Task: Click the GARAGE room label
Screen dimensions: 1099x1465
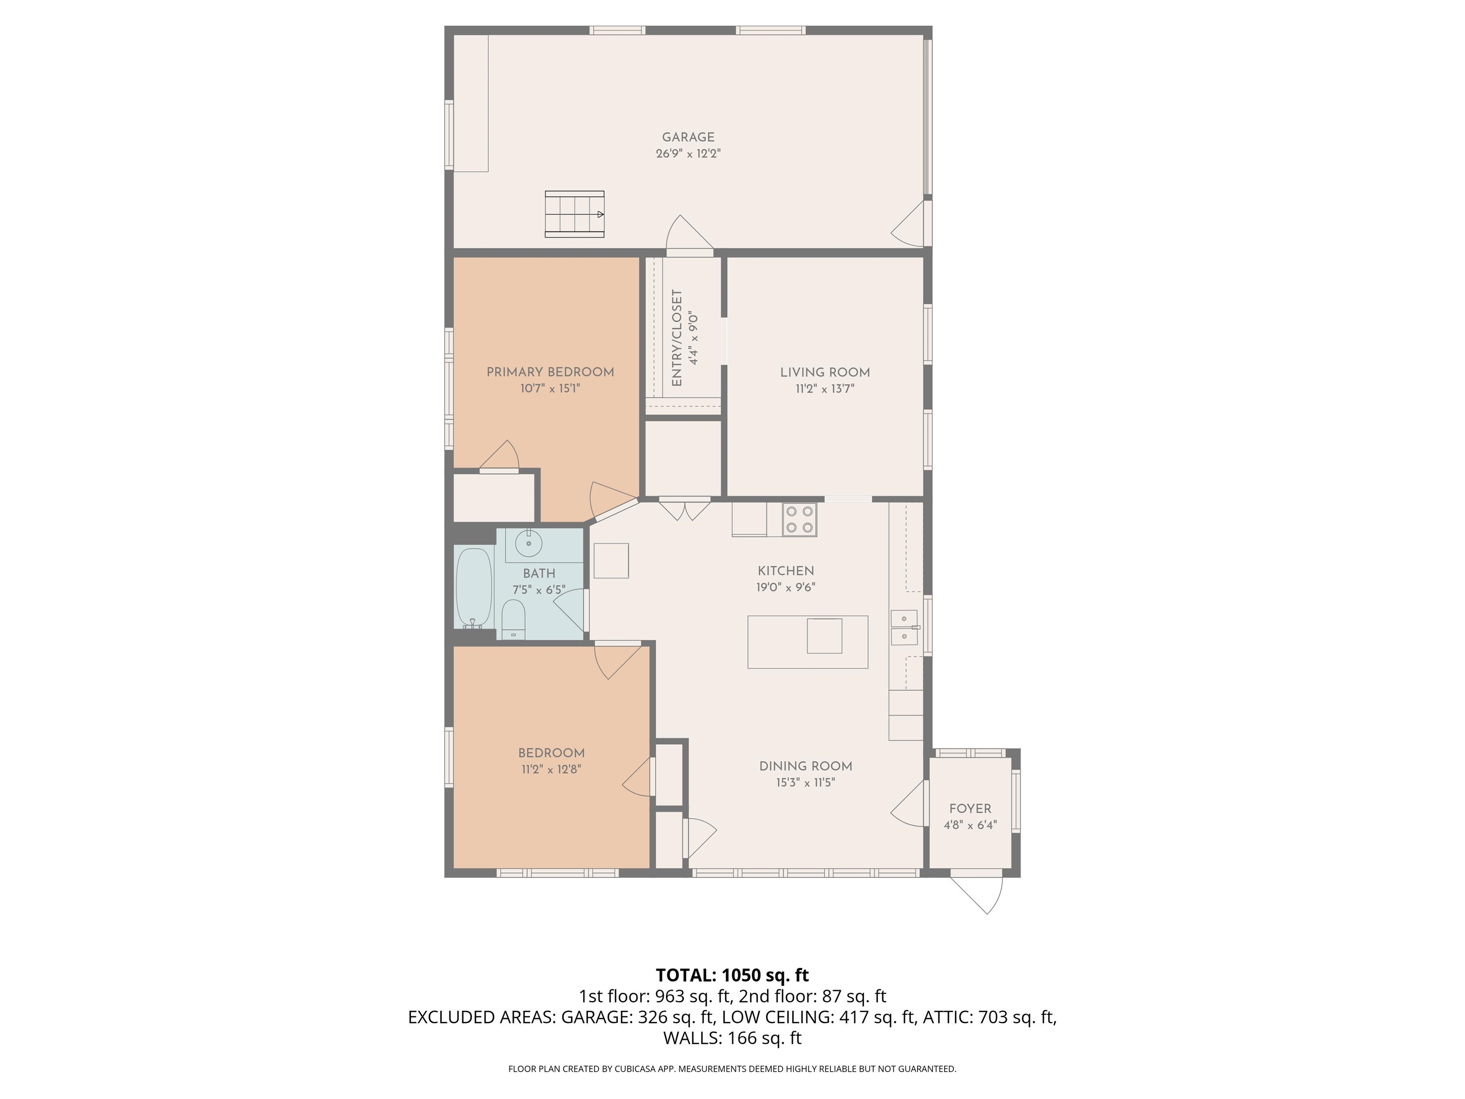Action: [x=688, y=137]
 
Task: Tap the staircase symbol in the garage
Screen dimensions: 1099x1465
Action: [x=574, y=214]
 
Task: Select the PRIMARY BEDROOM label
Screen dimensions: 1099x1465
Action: [x=550, y=372]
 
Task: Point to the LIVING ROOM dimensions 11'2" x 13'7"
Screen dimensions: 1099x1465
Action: [x=825, y=389]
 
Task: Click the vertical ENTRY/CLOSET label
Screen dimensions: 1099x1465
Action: [x=677, y=338]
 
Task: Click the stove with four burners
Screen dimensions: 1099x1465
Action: [x=799, y=519]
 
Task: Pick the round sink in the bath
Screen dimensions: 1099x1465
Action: [x=528, y=544]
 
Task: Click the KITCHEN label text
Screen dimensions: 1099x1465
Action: [x=785, y=571]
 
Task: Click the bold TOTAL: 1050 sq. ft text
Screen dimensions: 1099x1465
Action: [x=732, y=975]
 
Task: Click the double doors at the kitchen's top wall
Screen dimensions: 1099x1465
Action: [x=685, y=510]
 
